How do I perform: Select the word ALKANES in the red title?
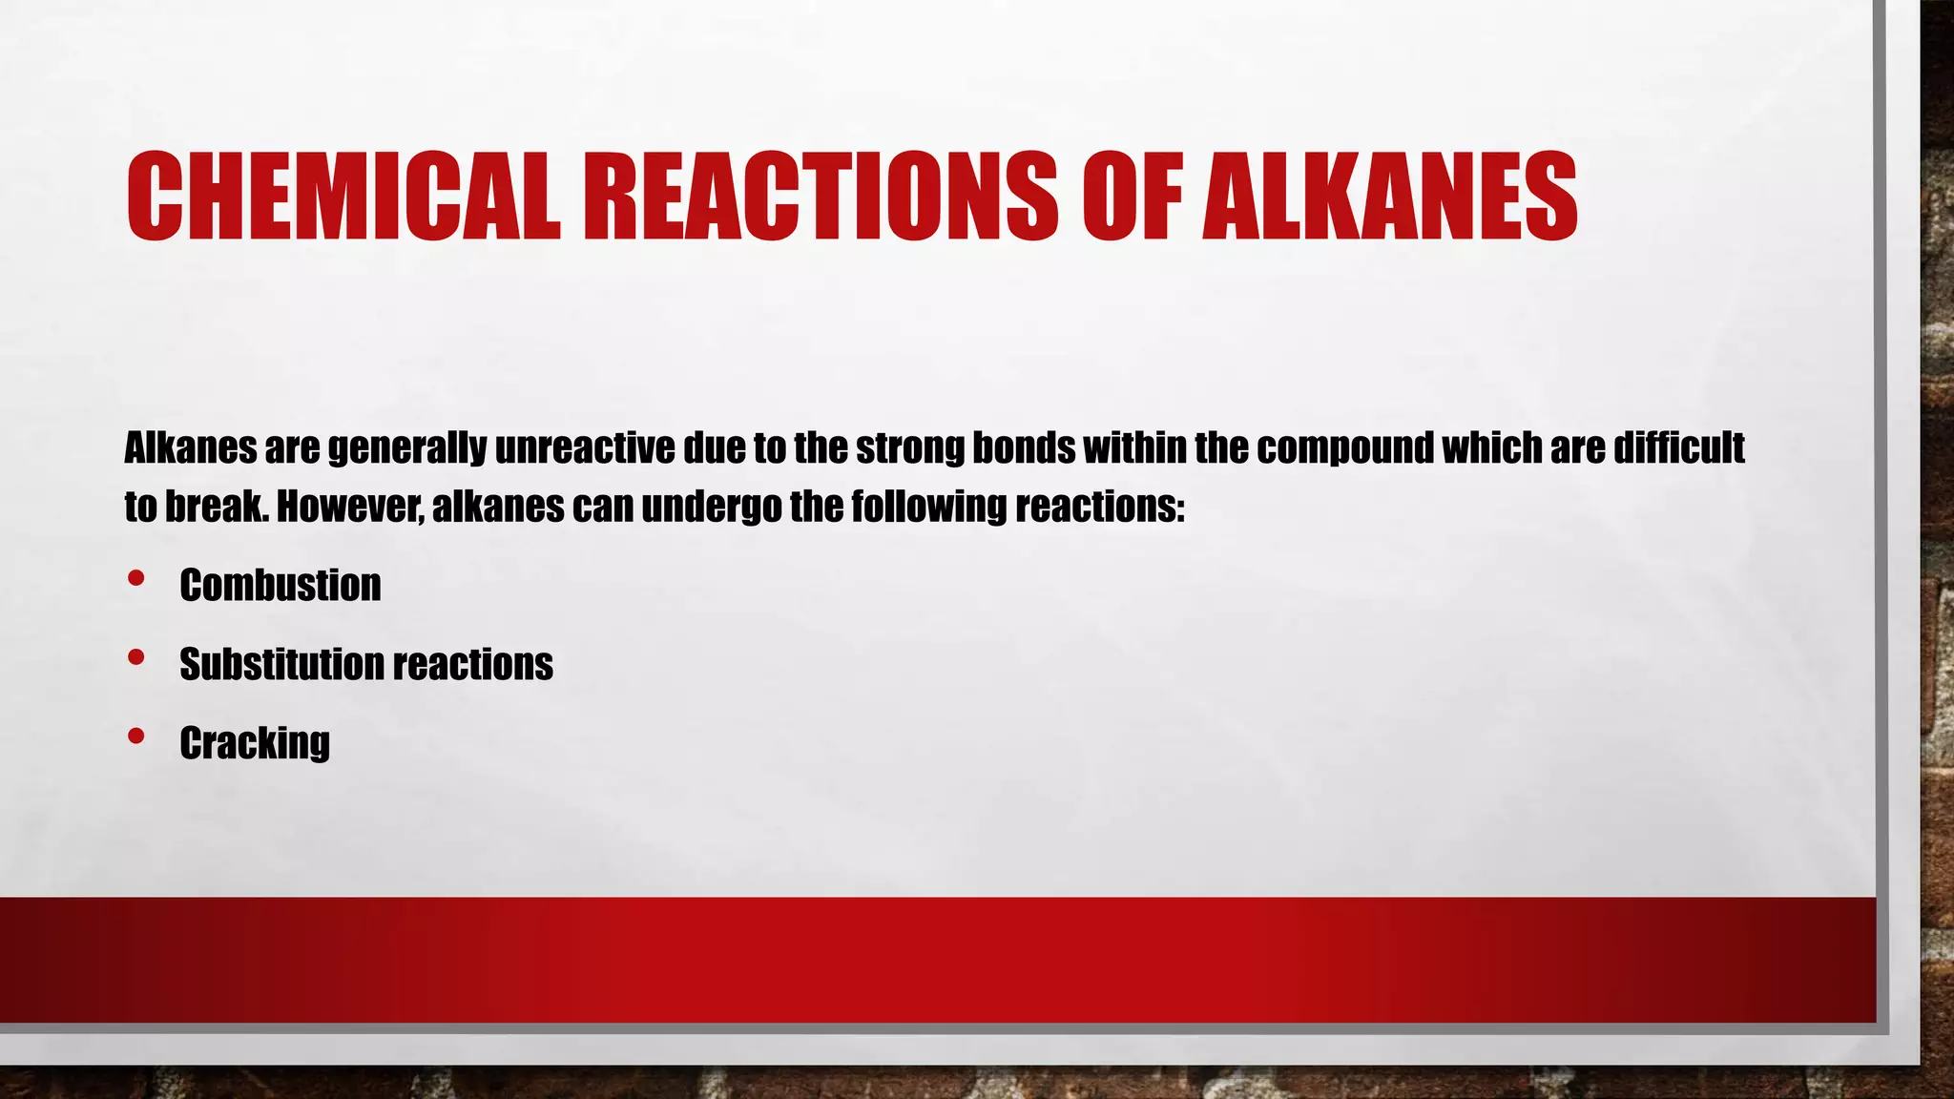[1389, 196]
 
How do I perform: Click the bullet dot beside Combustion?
[135, 578]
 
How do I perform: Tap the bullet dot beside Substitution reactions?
[135, 657]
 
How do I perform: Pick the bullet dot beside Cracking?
[135, 736]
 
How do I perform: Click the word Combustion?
[280, 585]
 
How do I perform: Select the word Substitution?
[281, 664]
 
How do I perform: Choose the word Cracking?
[255, 743]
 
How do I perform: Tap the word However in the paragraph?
[349, 506]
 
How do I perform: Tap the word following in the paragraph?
[928, 508]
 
